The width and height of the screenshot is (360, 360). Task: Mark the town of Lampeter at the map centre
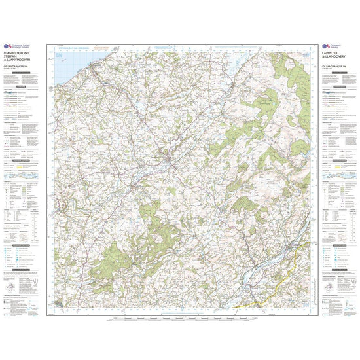[x=169, y=159]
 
